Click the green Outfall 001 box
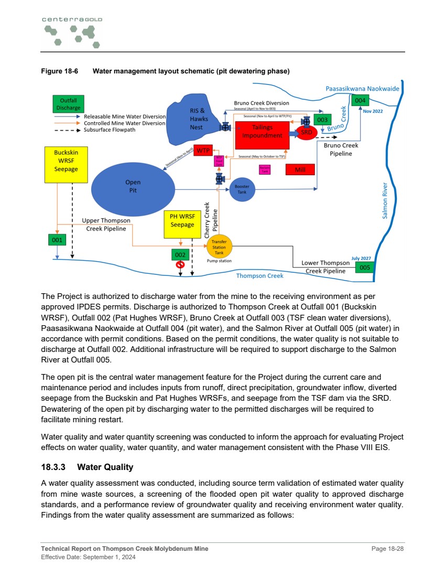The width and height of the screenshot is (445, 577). tap(57, 240)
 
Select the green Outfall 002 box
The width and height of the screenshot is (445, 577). tap(180, 254)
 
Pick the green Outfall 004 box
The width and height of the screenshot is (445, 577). tap(361, 100)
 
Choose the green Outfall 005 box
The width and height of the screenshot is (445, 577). tap(365, 268)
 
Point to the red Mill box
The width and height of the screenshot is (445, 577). tap(300, 169)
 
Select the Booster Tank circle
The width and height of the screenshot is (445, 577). tap(242, 189)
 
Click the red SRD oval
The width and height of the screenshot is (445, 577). tap(306, 132)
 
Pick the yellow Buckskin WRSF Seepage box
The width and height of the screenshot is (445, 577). tap(66, 165)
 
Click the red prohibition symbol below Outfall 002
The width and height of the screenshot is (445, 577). tap(180, 265)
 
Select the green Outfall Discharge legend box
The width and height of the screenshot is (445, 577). tap(68, 104)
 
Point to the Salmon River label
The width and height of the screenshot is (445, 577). tap(385, 200)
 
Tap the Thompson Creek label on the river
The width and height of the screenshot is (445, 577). tap(259, 275)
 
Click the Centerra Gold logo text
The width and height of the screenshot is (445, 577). tap(72, 19)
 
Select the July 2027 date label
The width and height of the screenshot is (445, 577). tap(361, 258)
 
